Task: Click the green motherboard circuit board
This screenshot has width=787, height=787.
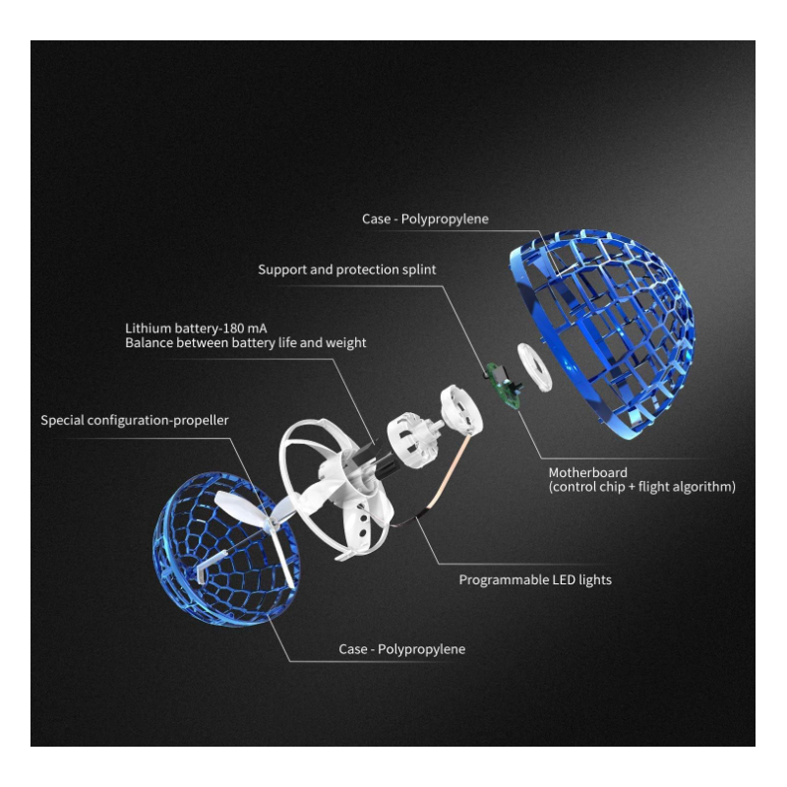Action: pos(503,385)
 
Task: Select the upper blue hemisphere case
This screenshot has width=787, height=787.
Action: pos(603,333)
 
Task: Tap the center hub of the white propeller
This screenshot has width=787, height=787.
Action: pos(272,525)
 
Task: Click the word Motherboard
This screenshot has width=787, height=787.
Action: pos(587,472)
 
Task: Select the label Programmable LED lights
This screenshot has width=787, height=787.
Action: pos(535,579)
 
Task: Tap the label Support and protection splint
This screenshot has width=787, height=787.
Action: pos(347,270)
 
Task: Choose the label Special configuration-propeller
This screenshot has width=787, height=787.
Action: pos(135,420)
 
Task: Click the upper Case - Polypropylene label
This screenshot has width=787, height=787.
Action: pos(425,219)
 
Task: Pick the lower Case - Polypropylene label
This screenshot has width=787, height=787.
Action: pos(402,649)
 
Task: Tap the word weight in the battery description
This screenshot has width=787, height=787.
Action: pos(346,342)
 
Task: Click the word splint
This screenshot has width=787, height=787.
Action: pos(419,270)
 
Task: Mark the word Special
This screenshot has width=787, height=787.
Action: pos(62,420)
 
